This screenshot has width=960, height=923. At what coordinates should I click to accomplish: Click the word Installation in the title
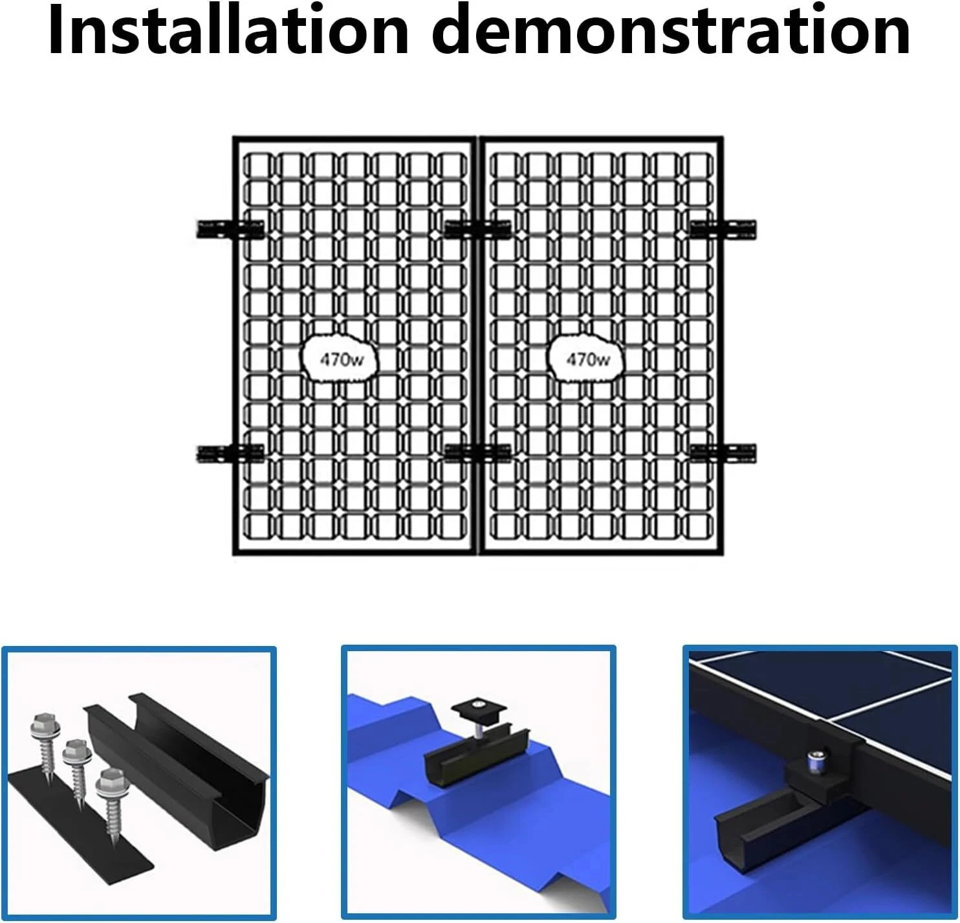click(x=229, y=30)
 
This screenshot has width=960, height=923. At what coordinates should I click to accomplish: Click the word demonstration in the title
click(x=671, y=30)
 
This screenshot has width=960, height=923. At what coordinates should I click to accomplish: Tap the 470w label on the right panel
click(x=587, y=359)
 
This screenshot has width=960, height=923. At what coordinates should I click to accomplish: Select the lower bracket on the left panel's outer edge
click(x=230, y=453)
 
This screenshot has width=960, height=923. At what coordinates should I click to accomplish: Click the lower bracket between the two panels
click(x=477, y=453)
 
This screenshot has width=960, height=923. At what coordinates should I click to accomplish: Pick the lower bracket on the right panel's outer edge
click(x=723, y=453)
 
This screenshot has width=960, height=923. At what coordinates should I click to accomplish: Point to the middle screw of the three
click(x=76, y=773)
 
